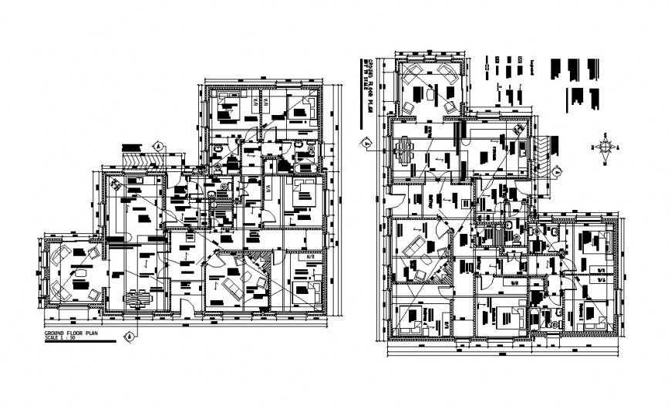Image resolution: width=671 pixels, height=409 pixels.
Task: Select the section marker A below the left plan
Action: coord(130,334)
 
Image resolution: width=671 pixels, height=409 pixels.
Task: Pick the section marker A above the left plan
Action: coord(157,145)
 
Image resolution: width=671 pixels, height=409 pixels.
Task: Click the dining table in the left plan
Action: coord(139,296)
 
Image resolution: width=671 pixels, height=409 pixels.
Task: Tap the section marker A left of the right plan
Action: coord(366,141)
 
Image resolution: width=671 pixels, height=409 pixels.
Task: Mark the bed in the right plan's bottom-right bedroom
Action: coord(592,317)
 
